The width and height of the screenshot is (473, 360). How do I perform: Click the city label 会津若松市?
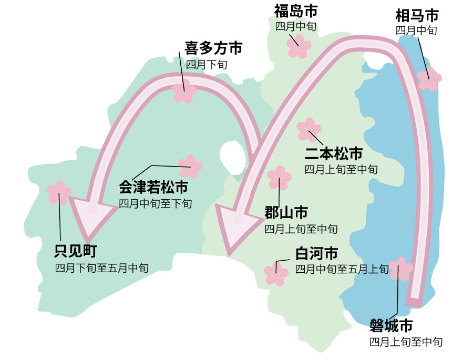pyautogui.click(x=153, y=187)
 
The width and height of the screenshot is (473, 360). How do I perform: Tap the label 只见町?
pyautogui.click(x=76, y=251)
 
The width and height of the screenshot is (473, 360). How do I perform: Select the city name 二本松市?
pyautogui.click(x=334, y=154)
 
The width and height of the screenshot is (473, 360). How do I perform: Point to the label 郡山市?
pyautogui.click(x=286, y=213)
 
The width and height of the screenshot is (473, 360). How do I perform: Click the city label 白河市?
pyautogui.click(x=316, y=254)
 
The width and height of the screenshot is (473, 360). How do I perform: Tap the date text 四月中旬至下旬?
pyautogui.click(x=155, y=203)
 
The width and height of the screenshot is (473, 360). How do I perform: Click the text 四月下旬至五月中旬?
pyautogui.click(x=102, y=268)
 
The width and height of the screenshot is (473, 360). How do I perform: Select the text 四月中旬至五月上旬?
pyautogui.click(x=342, y=270)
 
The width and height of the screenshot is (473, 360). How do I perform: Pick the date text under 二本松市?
pyautogui.click(x=341, y=169)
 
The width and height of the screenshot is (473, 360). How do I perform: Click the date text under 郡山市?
pyautogui.click(x=301, y=229)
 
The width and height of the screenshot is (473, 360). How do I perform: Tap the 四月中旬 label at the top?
pyautogui.click(x=296, y=26)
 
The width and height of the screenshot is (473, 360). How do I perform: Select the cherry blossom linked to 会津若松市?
pyautogui.click(x=190, y=167)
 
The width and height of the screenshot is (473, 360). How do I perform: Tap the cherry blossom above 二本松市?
pyautogui.click(x=309, y=129)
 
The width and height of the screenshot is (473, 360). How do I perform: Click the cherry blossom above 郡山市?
pyautogui.click(x=279, y=178)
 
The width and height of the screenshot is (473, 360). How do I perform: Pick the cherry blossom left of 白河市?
pyautogui.click(x=276, y=273)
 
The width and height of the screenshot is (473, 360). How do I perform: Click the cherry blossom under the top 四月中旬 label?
pyautogui.click(x=300, y=46)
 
